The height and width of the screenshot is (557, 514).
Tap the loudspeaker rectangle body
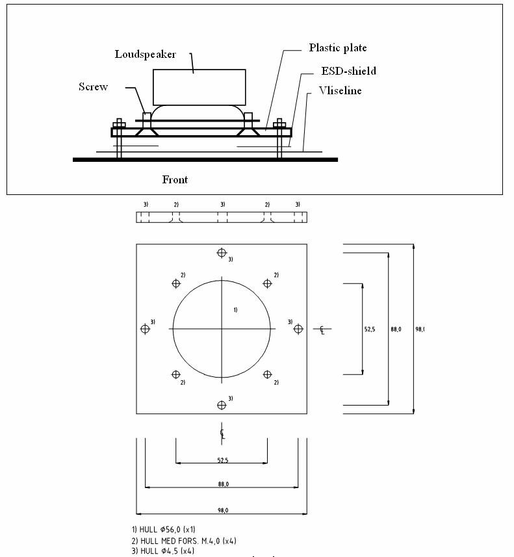(x=199, y=87)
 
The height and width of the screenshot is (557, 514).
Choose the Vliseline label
(x=340, y=91)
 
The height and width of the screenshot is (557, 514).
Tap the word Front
(x=175, y=179)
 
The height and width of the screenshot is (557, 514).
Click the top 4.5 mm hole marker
(x=222, y=253)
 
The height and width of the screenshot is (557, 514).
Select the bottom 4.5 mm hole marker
(x=222, y=405)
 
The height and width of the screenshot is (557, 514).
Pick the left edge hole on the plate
(x=145, y=329)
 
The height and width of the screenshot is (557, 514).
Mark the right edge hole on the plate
(x=298, y=329)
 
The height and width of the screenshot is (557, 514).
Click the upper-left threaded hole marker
(x=175, y=283)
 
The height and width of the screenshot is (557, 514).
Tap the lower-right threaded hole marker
(x=267, y=374)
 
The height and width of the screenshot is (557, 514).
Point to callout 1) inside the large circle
(x=235, y=310)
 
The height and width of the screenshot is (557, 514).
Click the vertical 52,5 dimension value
(x=370, y=330)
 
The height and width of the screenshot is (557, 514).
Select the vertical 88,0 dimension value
(x=396, y=330)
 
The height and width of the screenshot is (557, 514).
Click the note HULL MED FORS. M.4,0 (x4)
(x=179, y=541)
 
